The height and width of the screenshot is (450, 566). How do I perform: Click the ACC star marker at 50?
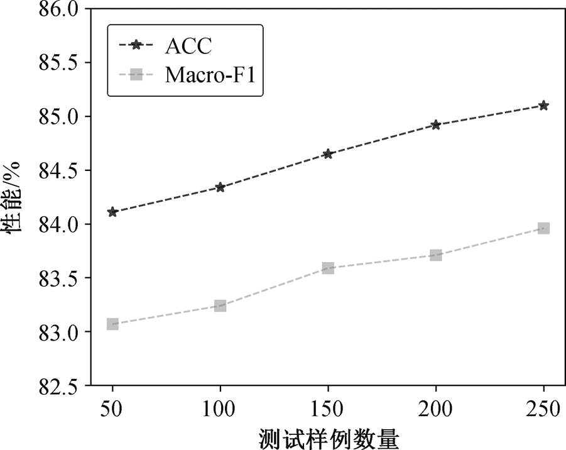click(112, 212)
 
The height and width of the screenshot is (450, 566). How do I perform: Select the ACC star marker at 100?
click(220, 187)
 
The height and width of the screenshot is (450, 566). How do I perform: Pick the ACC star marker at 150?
click(328, 154)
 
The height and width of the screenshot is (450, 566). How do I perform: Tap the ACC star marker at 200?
click(436, 125)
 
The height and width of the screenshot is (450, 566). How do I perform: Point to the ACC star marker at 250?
click(543, 106)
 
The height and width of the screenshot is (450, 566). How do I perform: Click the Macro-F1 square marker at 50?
click(112, 324)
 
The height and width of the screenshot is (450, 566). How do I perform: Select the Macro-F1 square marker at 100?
click(220, 305)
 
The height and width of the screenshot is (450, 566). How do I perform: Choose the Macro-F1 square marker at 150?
click(328, 268)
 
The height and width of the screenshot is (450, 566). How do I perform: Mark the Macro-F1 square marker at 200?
click(436, 255)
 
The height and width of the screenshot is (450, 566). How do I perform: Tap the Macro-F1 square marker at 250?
click(543, 228)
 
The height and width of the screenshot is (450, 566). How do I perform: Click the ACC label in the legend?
click(188, 46)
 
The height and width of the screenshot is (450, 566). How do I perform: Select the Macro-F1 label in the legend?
click(210, 75)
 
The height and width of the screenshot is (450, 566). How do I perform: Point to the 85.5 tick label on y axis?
click(58, 63)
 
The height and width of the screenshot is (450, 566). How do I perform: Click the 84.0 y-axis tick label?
click(58, 224)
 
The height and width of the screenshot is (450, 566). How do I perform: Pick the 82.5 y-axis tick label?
click(58, 386)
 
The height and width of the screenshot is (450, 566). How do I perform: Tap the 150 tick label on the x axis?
click(327, 409)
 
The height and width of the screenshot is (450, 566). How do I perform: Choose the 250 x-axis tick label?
click(543, 409)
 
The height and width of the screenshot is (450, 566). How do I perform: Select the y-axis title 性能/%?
click(11, 197)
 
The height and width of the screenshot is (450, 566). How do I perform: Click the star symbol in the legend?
click(136, 45)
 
